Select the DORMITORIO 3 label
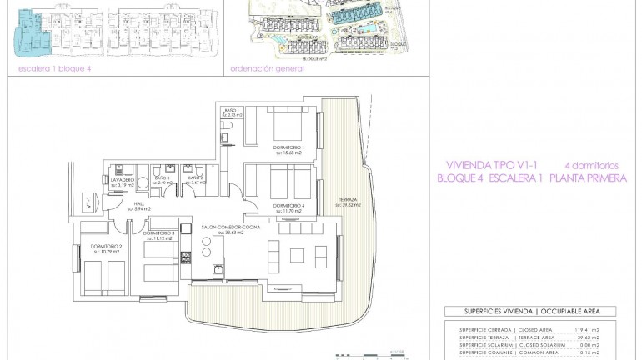click(158, 233)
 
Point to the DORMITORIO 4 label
click(287, 206)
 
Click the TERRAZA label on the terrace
click(349, 201)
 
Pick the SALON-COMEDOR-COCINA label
click(230, 227)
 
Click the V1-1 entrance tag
click(88, 201)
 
